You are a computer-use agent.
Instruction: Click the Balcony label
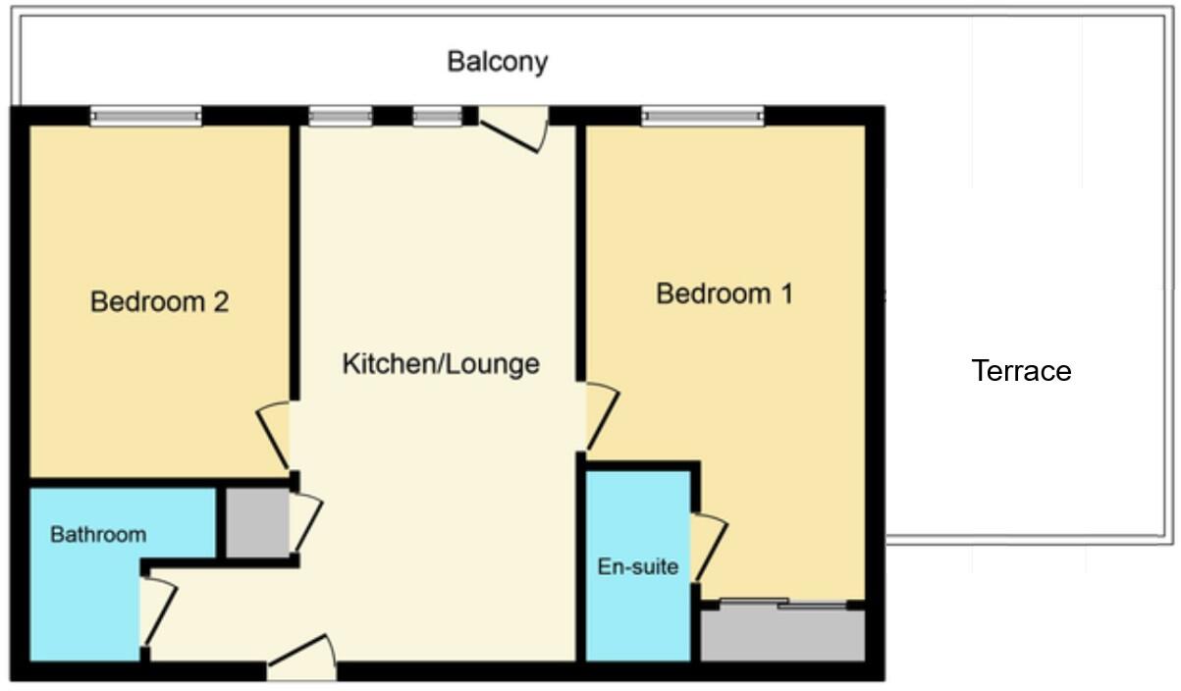497,61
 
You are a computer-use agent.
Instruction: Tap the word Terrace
1021,371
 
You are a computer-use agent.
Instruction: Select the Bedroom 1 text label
725,293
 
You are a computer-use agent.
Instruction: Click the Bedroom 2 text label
159,301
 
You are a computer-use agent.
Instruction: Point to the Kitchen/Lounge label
440,364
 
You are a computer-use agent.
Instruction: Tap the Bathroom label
98,535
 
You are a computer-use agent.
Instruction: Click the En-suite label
638,566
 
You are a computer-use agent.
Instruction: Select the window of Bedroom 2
146,117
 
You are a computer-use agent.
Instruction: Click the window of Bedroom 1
702,117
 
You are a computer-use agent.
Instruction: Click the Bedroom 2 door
274,436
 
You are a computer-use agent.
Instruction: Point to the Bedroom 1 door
601,418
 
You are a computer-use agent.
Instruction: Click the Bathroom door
157,613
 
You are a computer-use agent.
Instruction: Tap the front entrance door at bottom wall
301,659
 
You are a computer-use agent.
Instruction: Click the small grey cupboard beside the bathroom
253,522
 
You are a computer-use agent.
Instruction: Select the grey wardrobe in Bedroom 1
781,634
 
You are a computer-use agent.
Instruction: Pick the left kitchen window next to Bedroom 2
341,117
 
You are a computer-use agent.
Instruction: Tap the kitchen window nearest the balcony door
437,117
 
